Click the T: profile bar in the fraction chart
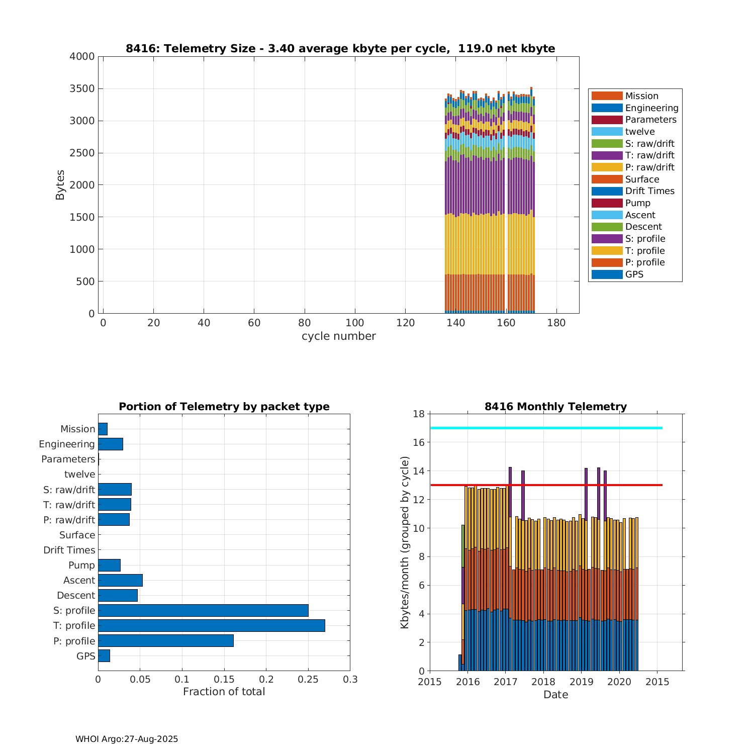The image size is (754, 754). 211,625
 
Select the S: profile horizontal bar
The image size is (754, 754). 203,610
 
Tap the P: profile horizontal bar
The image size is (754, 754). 166,640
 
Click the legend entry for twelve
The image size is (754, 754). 640,132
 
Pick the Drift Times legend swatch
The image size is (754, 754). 607,191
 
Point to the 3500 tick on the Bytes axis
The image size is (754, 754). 82,89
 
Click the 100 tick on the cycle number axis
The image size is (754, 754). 355,323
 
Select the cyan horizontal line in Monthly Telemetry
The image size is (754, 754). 546,428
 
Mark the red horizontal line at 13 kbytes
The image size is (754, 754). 546,485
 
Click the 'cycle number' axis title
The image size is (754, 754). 338,336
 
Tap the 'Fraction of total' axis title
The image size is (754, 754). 224,692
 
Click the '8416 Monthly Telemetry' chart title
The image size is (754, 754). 555,407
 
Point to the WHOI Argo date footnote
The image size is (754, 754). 127,739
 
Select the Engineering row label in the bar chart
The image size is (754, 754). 67,444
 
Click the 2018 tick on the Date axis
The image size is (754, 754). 543,682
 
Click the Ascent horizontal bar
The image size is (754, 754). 120,580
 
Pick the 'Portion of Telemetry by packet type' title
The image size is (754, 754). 224,407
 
